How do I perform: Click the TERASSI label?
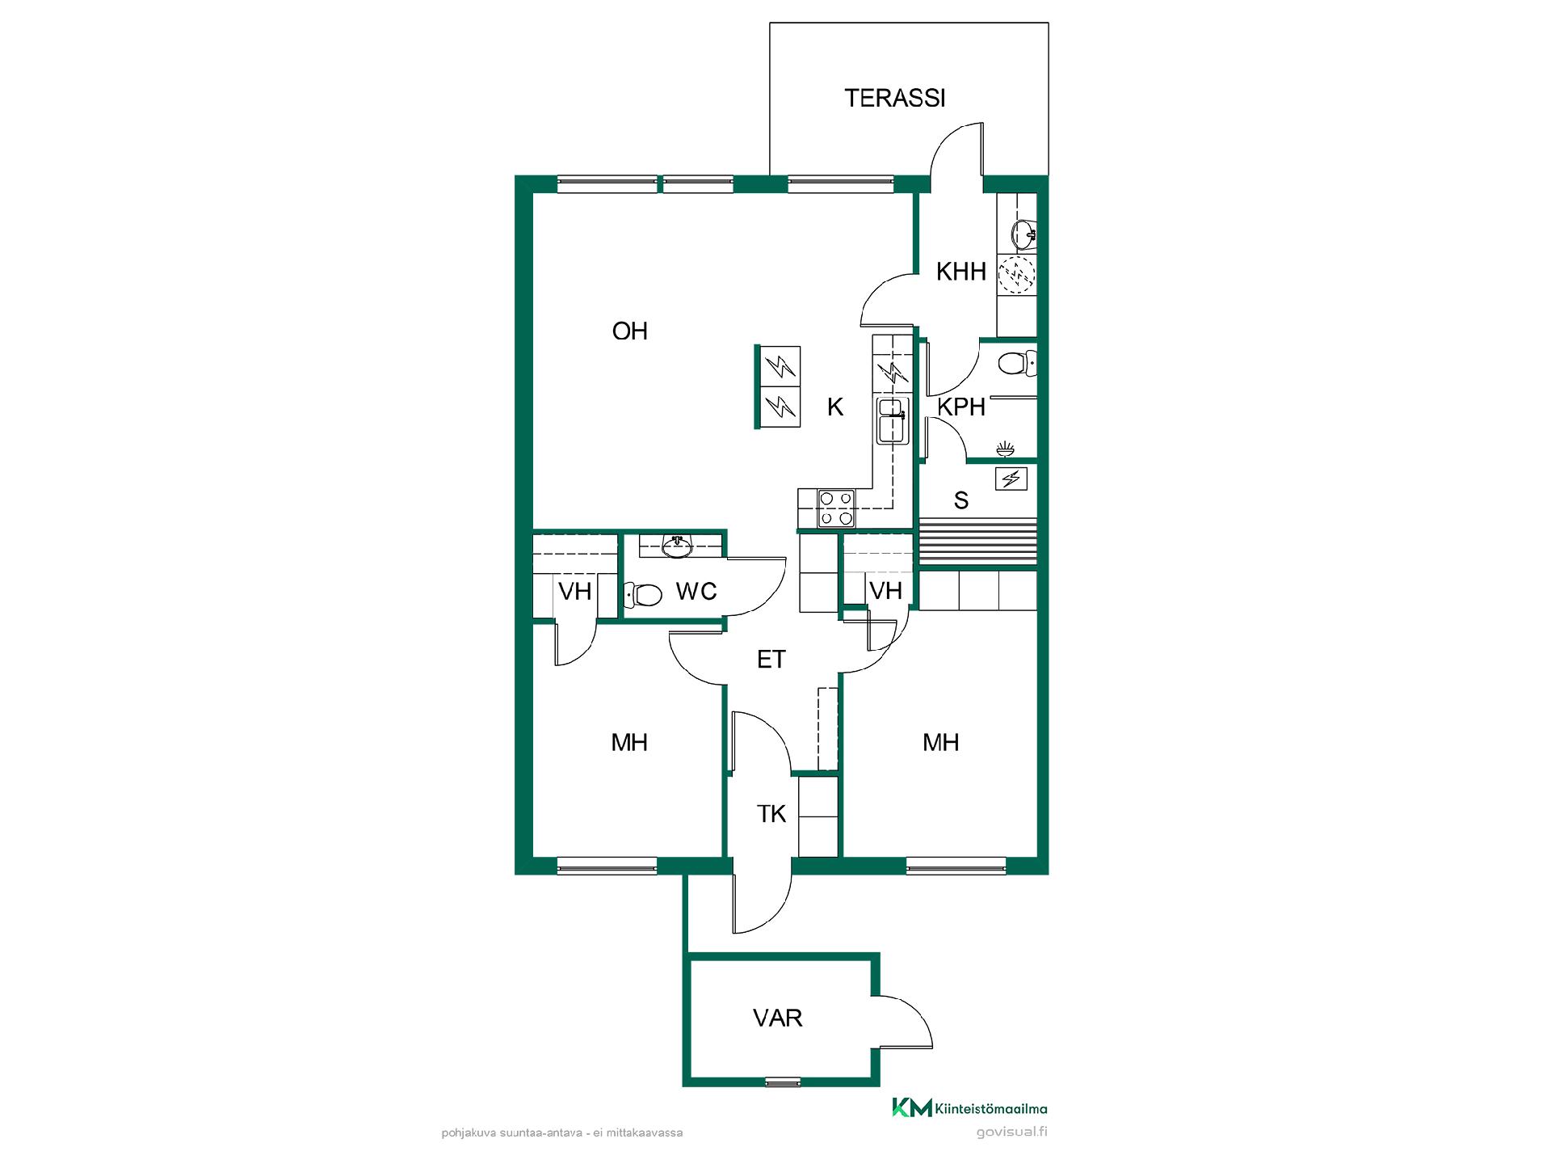point(894,98)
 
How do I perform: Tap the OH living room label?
point(630,331)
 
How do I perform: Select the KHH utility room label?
point(961,272)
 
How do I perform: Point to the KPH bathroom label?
point(961,407)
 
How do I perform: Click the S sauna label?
point(961,501)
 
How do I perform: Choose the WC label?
point(696,592)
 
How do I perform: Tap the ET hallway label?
point(771,660)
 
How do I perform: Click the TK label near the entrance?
point(771,814)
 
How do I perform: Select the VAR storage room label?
point(778,1018)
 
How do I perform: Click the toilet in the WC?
point(643,596)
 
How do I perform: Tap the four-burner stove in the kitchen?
point(836,508)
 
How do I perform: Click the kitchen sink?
point(893,420)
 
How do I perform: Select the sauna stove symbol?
point(1011,479)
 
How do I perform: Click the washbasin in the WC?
point(677,546)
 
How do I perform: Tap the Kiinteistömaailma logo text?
point(990,1108)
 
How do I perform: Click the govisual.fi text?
point(1011,1132)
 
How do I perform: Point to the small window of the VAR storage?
point(783,1082)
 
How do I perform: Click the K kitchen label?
point(835,407)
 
